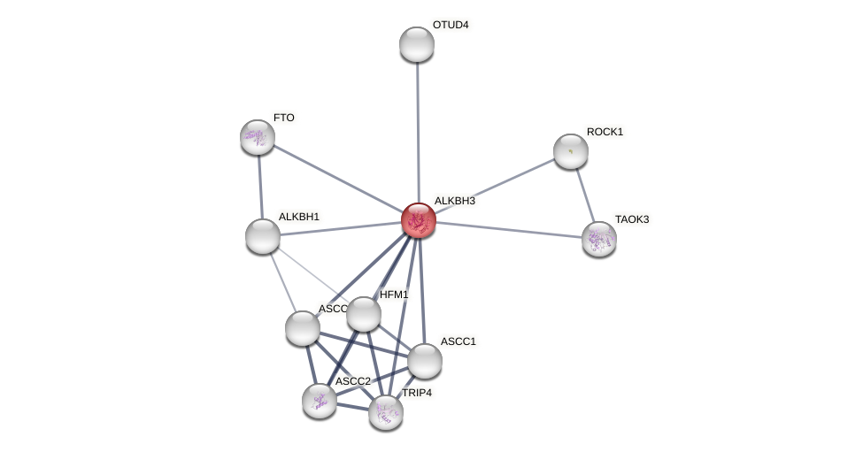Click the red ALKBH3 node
pos(419,220)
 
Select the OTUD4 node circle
pos(417,44)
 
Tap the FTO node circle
pos(258,137)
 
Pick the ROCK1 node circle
pos(571,151)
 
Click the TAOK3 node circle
pos(599,239)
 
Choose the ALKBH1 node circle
pos(263,236)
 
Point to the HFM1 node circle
pos(364,314)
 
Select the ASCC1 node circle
pos(425,361)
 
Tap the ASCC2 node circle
pos(320,401)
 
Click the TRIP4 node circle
pos(386,412)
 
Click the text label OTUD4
pos(451,25)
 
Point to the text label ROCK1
pos(605,132)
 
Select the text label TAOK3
pos(632,219)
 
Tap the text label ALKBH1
pos(299,217)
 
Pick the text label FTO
pos(284,118)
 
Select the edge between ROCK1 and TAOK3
pos(585,195)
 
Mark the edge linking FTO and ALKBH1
pos(260,187)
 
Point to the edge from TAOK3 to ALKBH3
pos(509,230)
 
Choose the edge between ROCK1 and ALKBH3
pos(495,186)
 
